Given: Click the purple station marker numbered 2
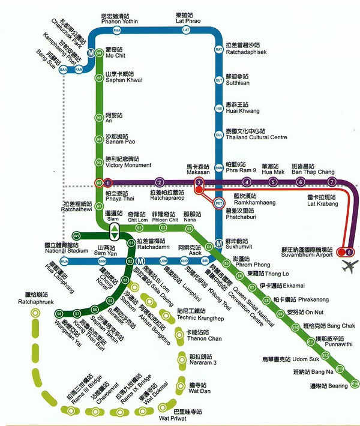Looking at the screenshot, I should pyautogui.click(x=160, y=182).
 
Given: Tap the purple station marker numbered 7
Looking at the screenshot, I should pyautogui.click(x=331, y=182).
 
